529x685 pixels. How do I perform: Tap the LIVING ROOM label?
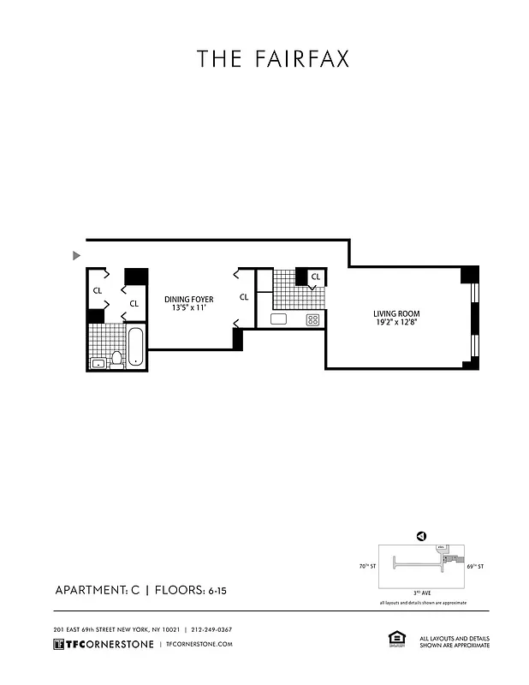[395, 314]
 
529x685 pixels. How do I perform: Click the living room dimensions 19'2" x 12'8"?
[395, 324]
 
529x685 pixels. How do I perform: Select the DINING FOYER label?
[188, 299]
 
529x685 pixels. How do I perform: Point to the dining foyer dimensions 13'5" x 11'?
[188, 308]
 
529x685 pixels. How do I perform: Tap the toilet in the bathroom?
[116, 358]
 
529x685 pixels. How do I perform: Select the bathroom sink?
[98, 362]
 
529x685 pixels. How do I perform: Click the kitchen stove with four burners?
[313, 319]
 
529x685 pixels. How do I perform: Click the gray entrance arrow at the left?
[77, 255]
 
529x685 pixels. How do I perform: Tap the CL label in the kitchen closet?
[315, 277]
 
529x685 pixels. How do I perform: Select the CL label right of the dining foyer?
[244, 297]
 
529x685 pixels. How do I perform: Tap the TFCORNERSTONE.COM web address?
[199, 644]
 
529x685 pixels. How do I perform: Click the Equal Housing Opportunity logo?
[396, 638]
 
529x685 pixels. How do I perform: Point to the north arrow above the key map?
[420, 537]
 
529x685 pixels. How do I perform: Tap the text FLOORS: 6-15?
[203, 590]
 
